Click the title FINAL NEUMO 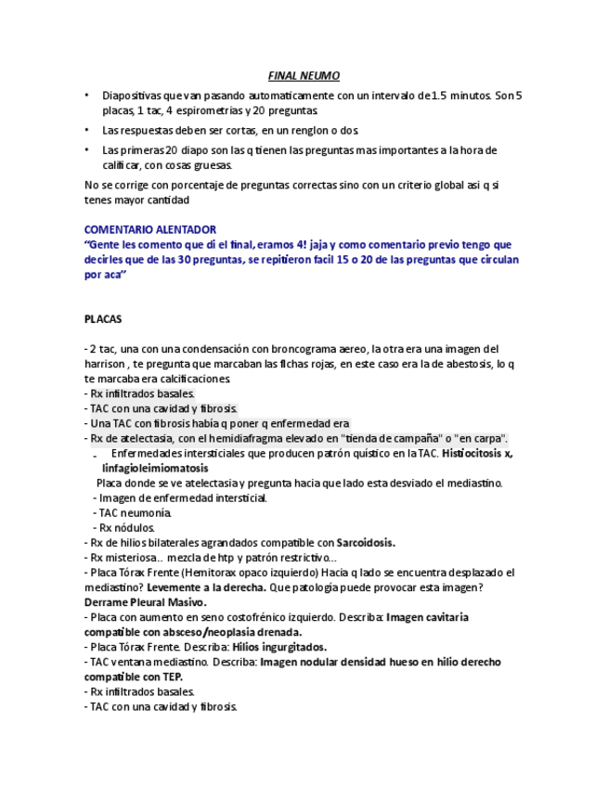pyautogui.click(x=304, y=75)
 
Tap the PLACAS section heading pyautogui.click(x=103, y=318)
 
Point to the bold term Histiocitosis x pyautogui.click(x=477, y=454)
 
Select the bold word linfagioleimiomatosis pyautogui.click(x=156, y=469)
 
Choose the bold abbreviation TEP pyautogui.click(x=171, y=677)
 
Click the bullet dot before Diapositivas pyautogui.click(x=87, y=96)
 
